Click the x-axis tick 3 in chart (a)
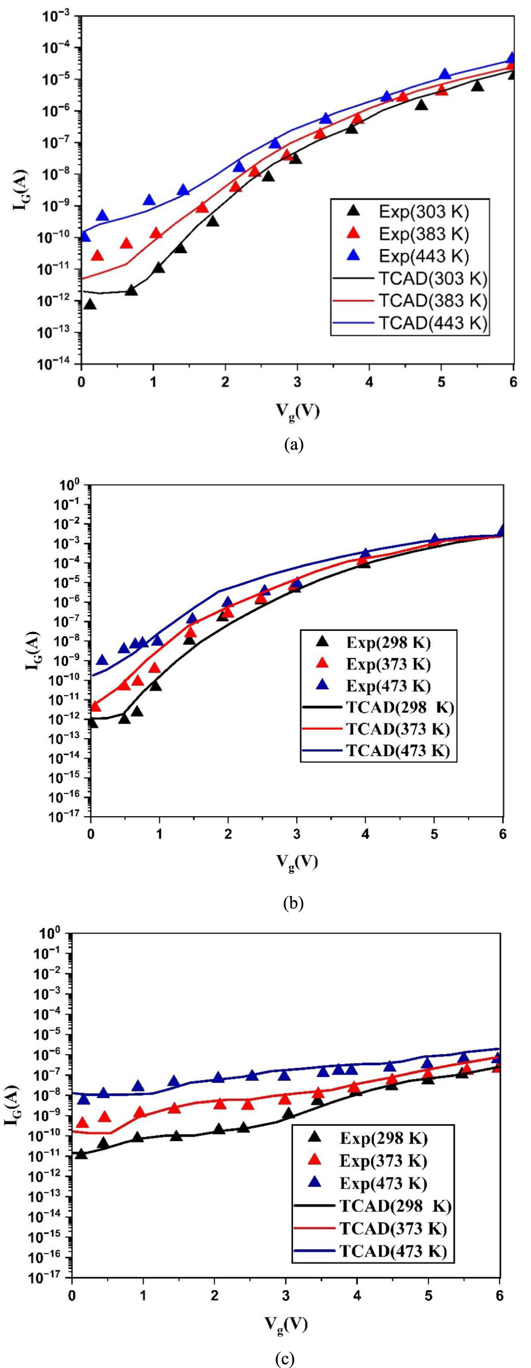tap(297, 382)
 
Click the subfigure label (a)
tap(294, 444)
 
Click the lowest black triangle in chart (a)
tap(90, 305)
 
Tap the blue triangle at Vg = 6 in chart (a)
tap(512, 58)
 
